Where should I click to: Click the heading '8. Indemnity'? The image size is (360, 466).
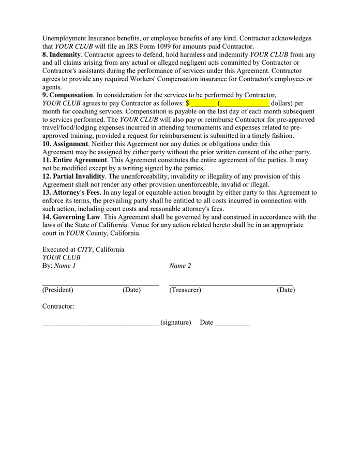(62, 54)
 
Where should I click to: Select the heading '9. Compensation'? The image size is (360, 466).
(68, 95)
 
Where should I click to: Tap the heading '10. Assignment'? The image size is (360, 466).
(65, 143)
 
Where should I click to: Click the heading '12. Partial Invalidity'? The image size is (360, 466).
(74, 176)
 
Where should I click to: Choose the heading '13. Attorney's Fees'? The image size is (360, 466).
(71, 192)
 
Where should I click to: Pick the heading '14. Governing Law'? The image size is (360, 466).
(71, 216)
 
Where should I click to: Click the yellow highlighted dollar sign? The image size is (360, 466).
(188, 103)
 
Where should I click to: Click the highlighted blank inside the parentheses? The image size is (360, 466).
(244, 103)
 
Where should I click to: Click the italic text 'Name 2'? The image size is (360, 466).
(180, 266)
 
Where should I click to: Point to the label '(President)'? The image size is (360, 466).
(58, 290)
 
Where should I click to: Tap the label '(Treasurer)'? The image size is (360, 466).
(185, 290)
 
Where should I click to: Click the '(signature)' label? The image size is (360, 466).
(176, 322)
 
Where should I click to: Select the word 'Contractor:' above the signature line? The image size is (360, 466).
(58, 306)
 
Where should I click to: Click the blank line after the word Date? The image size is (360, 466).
(232, 323)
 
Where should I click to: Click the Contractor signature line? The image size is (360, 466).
(100, 323)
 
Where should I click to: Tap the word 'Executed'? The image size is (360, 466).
(55, 249)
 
